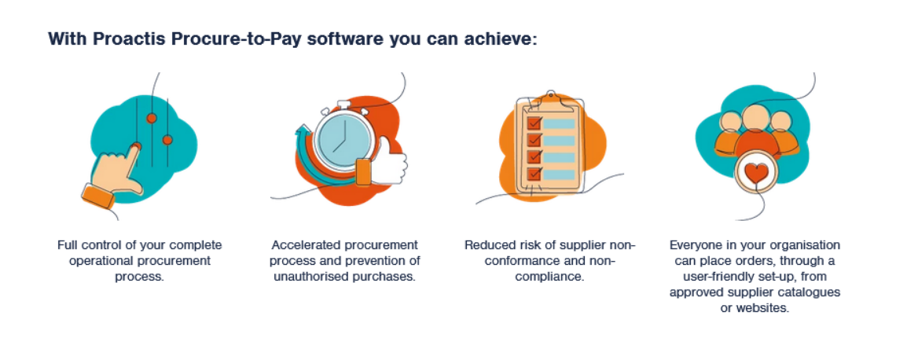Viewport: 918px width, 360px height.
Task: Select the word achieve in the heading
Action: point(503,39)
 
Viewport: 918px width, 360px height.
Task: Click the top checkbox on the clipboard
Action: point(534,123)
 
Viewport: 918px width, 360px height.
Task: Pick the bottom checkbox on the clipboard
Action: point(534,173)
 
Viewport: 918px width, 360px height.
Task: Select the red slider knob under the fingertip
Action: point(136,146)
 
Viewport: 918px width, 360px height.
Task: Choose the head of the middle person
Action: point(755,119)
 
